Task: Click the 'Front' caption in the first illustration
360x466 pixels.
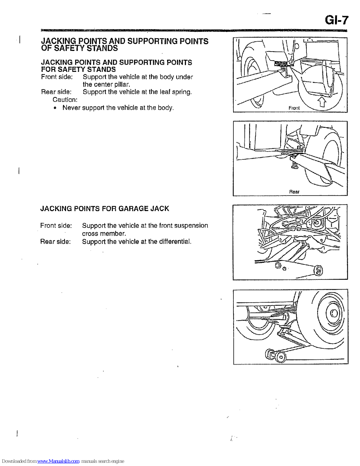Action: pos(294,108)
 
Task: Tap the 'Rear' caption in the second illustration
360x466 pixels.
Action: pos(294,192)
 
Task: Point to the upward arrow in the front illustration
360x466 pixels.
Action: pos(321,102)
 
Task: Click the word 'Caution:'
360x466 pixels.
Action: pos(65,100)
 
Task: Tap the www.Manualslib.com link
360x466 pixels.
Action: pos(58,461)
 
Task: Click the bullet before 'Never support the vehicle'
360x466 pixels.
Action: pos(55,108)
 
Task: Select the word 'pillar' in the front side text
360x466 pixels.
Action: pos(121,84)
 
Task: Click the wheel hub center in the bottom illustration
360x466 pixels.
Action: pos(334,313)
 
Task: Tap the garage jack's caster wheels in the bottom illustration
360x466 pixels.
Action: pos(275,355)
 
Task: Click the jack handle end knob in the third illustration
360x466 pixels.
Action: pos(318,270)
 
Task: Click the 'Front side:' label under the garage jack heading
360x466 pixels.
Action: pos(56,225)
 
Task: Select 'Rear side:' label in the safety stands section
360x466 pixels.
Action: pos(56,92)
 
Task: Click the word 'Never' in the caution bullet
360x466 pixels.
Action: pos(71,108)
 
